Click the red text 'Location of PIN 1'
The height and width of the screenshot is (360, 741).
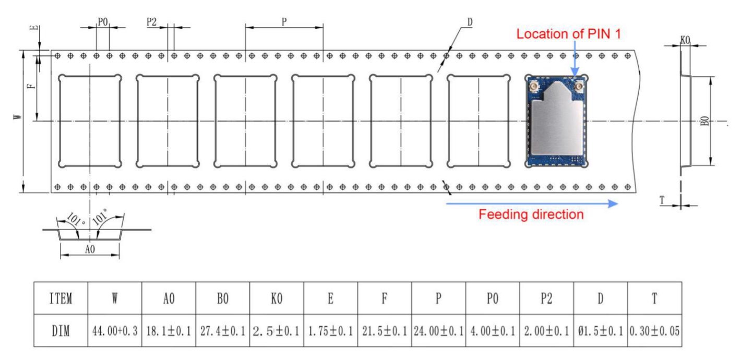[568, 34]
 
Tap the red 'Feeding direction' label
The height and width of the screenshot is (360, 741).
[531, 214]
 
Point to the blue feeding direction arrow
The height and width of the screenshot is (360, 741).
[532, 203]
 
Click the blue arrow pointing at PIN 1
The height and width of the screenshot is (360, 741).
[575, 59]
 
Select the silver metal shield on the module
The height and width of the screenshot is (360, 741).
[556, 119]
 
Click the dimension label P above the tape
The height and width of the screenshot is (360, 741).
[284, 22]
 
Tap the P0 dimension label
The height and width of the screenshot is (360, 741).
[103, 22]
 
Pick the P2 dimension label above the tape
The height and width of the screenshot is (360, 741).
[151, 22]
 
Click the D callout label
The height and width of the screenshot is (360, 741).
[470, 22]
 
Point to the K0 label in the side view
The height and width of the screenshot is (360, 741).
[685, 40]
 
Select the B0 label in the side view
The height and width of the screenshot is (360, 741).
[705, 121]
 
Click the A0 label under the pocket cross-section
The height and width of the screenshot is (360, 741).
[90, 249]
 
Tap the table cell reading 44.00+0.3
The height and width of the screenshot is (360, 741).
[115, 331]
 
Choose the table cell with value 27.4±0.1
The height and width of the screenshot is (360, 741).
[223, 331]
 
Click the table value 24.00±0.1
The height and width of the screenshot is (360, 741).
[439, 331]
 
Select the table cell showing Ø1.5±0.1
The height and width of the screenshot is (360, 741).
[601, 331]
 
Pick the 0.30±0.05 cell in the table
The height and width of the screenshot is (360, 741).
[655, 331]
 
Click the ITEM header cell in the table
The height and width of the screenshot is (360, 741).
[61, 298]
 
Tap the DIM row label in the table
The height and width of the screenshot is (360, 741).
[61, 331]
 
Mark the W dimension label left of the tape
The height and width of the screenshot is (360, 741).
[18, 116]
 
